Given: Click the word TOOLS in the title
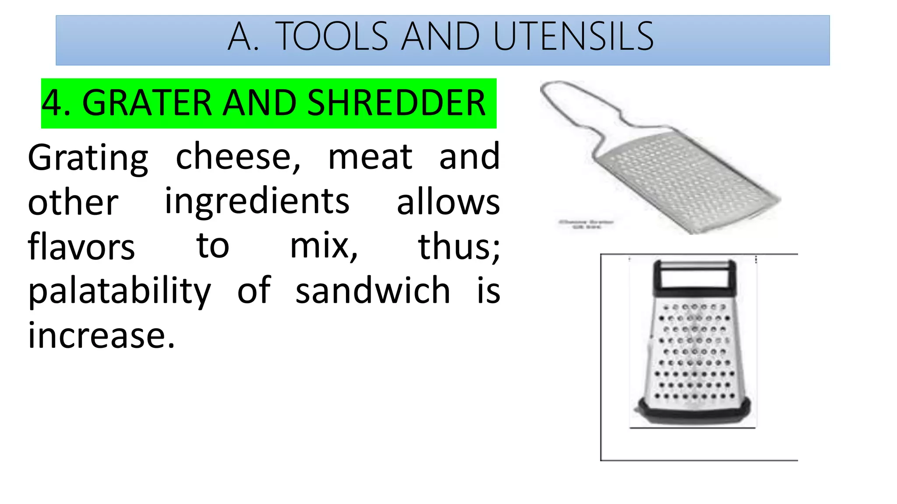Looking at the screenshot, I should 332,37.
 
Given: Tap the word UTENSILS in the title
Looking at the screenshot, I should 573,37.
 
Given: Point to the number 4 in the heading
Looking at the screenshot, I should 51,103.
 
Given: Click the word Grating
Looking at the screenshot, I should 88,158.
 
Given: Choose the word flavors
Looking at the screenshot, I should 81,247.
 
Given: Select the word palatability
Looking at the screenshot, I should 120,292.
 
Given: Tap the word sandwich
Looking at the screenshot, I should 373,291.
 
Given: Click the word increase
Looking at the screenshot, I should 101,336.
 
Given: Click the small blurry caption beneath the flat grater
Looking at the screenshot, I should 586,224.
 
